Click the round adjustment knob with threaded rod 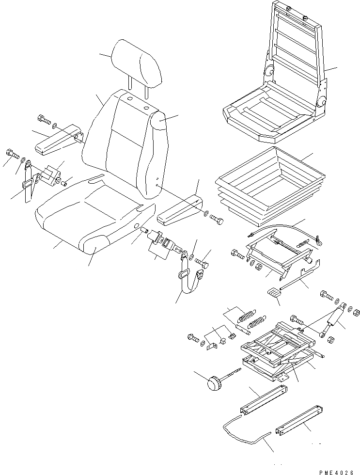(x=214, y=383)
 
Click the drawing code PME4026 (x=336, y=467)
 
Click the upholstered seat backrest (x=124, y=141)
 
